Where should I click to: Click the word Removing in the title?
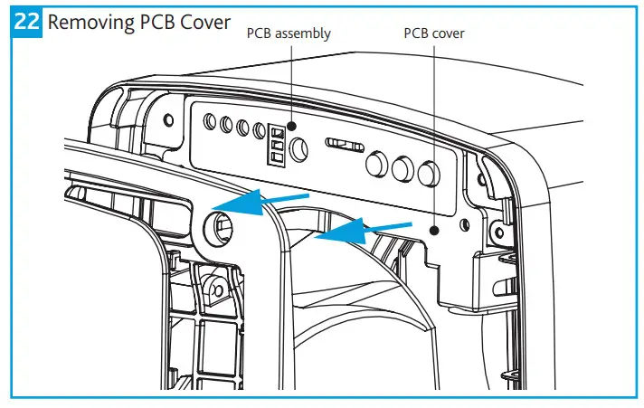[88, 23]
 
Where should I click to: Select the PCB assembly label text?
[289, 33]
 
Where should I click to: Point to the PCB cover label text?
[434, 33]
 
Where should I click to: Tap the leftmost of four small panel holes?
[210, 120]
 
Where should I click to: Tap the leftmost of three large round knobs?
[376, 166]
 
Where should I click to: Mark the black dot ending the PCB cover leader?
[435, 231]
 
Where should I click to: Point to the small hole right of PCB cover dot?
[465, 224]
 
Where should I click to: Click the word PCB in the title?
[166, 23]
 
